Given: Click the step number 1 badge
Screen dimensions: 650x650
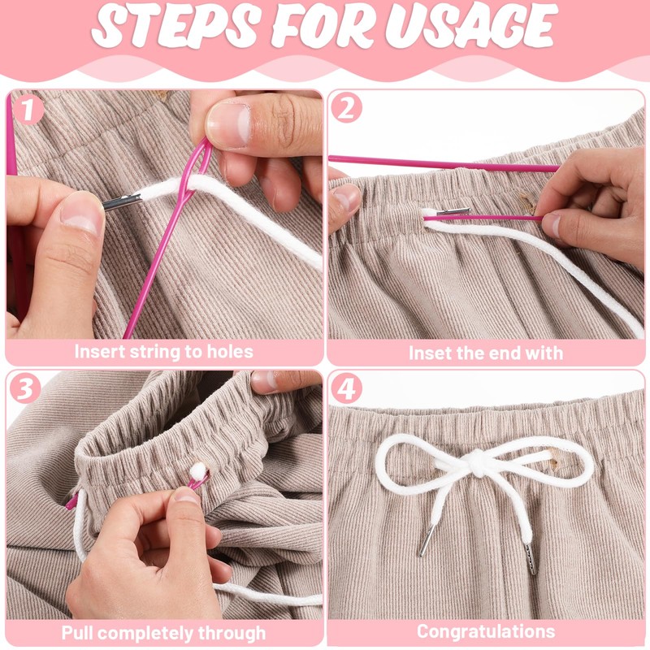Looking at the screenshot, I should pyautogui.click(x=28, y=109).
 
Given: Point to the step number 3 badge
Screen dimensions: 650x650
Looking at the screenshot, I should pyautogui.click(x=26, y=389).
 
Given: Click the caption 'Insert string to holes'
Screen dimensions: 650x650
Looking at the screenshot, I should pyautogui.click(x=163, y=352).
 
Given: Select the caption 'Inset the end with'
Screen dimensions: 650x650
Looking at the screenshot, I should pyautogui.click(x=485, y=353).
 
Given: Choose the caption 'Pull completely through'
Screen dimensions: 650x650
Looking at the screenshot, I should pyautogui.click(x=163, y=632).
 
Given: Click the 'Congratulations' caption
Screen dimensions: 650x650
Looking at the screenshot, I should pyautogui.click(x=485, y=631).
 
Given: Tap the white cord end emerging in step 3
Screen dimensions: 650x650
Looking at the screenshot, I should pyautogui.click(x=197, y=470).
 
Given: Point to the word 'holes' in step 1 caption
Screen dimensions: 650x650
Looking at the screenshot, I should pyautogui.click(x=228, y=352).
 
